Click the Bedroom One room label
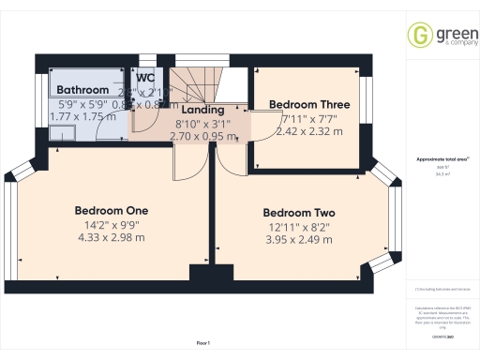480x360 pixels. point(112,210)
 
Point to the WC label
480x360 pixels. point(146,78)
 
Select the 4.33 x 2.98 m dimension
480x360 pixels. point(112,238)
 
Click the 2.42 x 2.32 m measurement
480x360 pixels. point(311,132)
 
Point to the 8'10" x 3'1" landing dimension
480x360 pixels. point(202,123)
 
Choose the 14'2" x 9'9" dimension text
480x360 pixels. point(112,224)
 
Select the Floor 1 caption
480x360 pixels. point(202,343)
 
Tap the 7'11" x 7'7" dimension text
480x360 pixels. point(311,119)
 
